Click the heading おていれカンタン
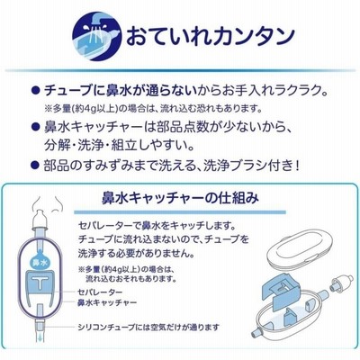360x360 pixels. point(210,36)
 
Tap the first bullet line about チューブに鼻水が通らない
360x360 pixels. point(185,91)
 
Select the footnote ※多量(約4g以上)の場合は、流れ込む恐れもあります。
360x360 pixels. point(151,108)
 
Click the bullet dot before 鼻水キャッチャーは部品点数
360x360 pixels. point(36,126)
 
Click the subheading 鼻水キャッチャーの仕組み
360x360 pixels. point(180,198)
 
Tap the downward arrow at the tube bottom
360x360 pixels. point(40,338)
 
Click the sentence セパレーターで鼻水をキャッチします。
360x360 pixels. point(156,225)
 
